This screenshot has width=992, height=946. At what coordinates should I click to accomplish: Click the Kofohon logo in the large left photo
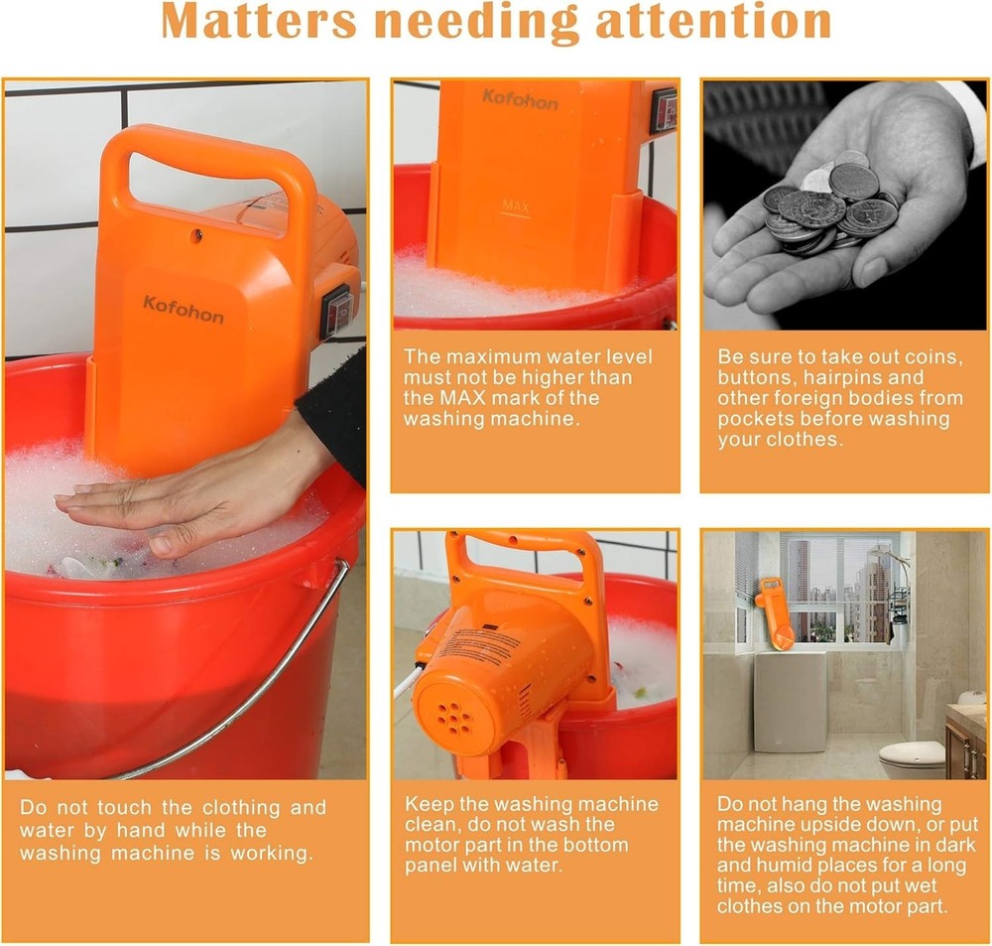tap(183, 310)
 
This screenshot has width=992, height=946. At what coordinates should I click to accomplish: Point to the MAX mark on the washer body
tap(515, 206)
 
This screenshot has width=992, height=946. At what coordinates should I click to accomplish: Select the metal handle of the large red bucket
tap(248, 685)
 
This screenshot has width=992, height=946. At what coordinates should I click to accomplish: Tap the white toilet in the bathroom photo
tap(912, 757)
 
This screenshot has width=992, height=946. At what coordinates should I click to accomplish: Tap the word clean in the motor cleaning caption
tap(429, 824)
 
